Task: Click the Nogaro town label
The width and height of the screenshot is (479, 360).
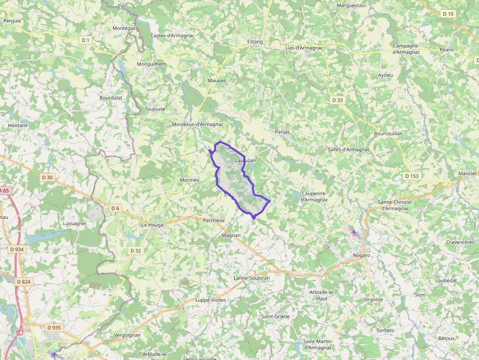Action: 361,255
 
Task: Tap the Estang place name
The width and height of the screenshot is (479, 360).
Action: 255,42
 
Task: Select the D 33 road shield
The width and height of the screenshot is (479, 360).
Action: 338,100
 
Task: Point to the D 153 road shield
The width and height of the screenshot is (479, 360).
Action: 412,176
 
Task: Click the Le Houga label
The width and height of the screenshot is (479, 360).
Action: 152,225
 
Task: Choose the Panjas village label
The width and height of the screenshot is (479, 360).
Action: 282,132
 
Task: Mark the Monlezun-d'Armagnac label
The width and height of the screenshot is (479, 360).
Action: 197,125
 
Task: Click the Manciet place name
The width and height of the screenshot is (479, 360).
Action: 467,173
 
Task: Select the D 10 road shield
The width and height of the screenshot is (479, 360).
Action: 448,14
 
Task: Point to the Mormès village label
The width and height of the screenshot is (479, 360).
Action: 190,180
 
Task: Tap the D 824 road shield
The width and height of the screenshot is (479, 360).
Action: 23,282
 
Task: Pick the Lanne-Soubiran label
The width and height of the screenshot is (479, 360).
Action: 252,278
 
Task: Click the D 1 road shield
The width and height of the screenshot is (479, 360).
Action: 86,40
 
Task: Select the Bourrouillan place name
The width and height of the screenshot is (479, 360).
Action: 388,133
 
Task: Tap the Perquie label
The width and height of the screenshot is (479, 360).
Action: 12,21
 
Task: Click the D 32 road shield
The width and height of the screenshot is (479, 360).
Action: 136,251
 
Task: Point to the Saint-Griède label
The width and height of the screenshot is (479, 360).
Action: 275,317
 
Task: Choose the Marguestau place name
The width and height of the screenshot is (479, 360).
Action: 351,5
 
